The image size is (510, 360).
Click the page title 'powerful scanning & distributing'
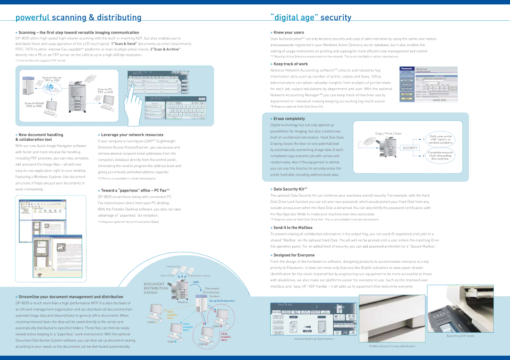coord(78,18)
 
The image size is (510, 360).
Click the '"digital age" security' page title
coord(311,18)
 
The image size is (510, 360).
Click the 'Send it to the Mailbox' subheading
coord(293,227)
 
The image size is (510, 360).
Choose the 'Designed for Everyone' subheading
coord(293,255)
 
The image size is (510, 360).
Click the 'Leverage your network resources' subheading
coord(132,134)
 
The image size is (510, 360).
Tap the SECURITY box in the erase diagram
coord(410,148)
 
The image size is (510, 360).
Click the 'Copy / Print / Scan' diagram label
coord(388,134)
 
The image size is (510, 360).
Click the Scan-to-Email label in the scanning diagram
coord(34,104)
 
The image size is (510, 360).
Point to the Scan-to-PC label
coord(105,90)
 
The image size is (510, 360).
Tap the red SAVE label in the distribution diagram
coord(195,282)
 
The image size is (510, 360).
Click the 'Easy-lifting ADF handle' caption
coord(460,335)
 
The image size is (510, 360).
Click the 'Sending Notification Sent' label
coord(221,301)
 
